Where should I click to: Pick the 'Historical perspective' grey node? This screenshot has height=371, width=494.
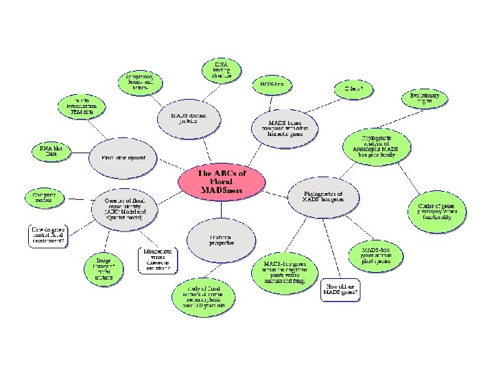click(222, 240)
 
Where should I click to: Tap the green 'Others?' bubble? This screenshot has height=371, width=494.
click(353, 89)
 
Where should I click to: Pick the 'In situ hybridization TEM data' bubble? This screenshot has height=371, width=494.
click(82, 106)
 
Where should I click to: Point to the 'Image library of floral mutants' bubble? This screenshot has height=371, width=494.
click(104, 268)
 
